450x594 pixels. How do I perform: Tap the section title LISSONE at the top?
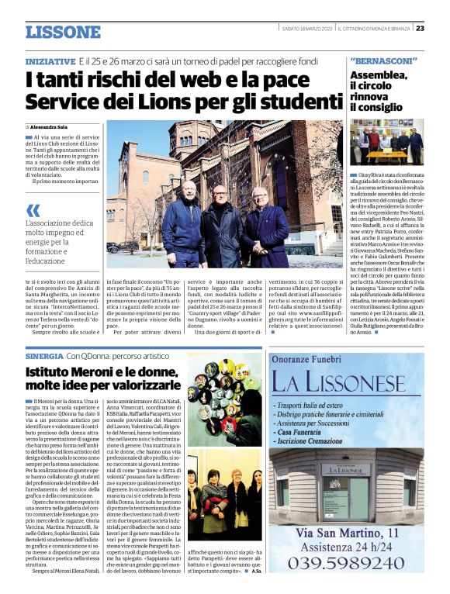click(x=63, y=32)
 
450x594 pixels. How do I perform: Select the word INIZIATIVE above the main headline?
click(x=50, y=60)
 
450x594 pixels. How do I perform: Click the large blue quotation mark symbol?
click(x=33, y=209)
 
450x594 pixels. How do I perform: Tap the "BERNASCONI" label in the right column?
click(x=384, y=60)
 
